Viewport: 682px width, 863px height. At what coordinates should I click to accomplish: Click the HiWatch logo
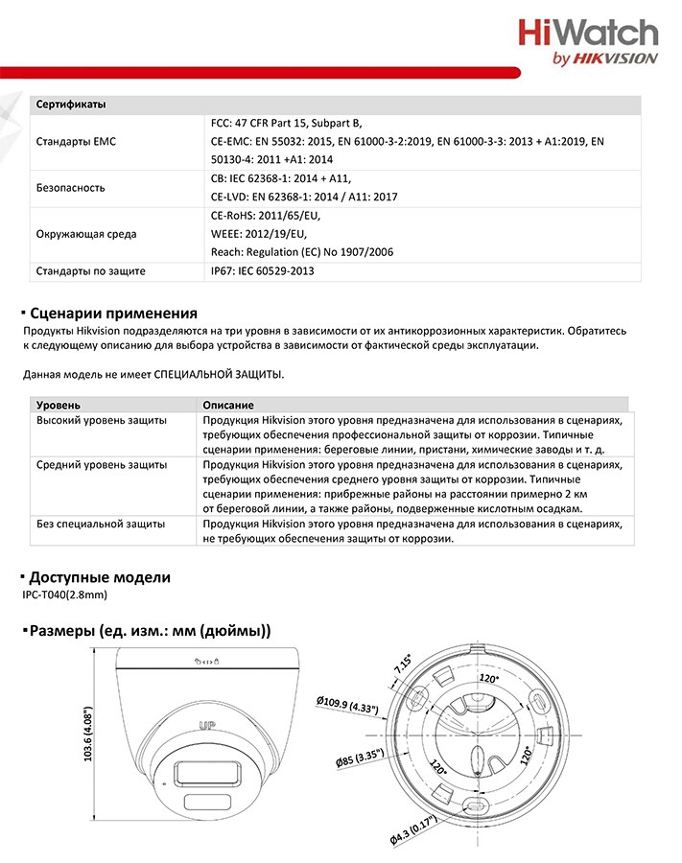588,34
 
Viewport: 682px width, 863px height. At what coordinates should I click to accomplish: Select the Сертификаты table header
71,104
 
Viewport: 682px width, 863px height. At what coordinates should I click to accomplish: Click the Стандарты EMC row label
76,142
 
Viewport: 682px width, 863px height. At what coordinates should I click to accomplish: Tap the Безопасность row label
71,188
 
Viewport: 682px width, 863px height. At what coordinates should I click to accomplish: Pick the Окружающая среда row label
86,234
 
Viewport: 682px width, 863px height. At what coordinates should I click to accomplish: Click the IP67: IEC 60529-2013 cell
262,271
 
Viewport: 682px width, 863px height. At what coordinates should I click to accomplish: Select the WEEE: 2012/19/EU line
258,234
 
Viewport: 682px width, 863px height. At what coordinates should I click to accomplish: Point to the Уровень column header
59,406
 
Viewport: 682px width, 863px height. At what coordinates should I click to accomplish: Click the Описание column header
228,406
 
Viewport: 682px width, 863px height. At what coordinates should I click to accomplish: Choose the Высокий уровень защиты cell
102,421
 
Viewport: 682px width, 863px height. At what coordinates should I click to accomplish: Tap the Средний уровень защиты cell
102,464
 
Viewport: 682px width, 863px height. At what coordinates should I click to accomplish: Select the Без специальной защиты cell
101,525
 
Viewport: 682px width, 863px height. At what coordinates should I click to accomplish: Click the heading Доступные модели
100,577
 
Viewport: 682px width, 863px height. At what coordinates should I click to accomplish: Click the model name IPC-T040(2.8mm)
64,595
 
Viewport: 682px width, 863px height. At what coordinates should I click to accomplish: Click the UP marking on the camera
204,725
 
